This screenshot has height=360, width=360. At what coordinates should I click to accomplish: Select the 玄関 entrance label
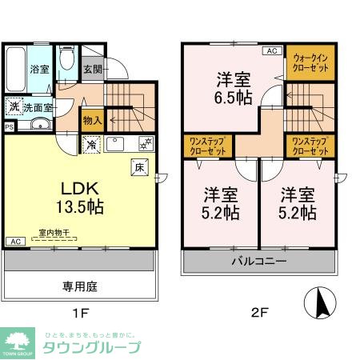[x=92, y=70]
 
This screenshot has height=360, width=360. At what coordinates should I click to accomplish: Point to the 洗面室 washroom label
[x=37, y=107]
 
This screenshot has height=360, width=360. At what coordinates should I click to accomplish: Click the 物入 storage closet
[x=93, y=121]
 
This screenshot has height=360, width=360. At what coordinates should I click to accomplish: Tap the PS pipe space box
[x=9, y=126]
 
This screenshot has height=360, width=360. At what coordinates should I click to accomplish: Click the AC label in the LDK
[x=14, y=241]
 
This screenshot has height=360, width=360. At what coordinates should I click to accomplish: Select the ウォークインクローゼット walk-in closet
[x=311, y=63]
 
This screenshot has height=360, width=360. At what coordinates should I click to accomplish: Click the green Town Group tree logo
[x=18, y=340]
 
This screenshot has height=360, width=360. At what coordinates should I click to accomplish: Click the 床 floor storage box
[x=138, y=167]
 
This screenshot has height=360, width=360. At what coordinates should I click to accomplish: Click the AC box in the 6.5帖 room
[x=270, y=50]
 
